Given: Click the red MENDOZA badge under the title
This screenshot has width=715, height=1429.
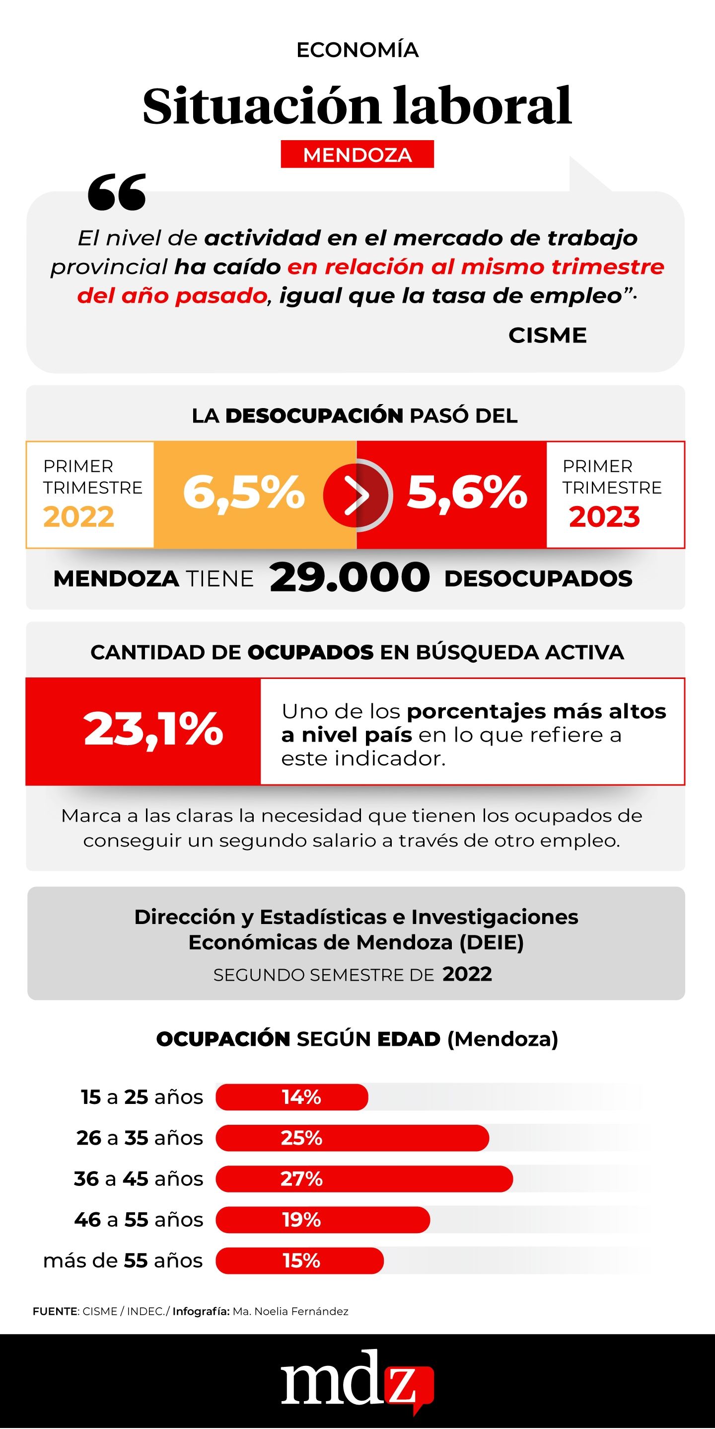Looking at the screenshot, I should coord(357,155).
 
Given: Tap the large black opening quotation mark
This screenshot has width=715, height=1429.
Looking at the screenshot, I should coord(117,192).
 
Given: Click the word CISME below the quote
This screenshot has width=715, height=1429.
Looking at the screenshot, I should coord(547,335).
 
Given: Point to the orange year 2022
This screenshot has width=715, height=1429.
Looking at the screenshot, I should coord(79,517).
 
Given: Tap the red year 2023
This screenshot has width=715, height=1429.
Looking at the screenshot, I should coord(604,517).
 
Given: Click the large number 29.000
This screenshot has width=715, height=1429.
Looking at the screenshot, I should coord(349,578).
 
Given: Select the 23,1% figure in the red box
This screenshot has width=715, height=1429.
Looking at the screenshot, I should coord(153,730).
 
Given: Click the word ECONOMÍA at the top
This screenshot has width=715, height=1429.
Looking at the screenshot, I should coord(357,50).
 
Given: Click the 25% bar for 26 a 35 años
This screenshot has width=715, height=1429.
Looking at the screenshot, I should coord(352,1138).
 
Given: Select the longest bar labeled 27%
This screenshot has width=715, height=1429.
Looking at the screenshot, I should coord(363,1179).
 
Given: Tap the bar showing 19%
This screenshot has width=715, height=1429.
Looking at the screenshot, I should coord(323,1220).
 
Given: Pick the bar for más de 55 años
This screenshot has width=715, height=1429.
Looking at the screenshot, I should coord(299,1261).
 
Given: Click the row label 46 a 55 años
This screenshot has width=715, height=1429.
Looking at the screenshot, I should coord(139,1220).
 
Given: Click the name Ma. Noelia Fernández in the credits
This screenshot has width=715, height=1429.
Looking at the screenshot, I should coord(290,1311).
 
